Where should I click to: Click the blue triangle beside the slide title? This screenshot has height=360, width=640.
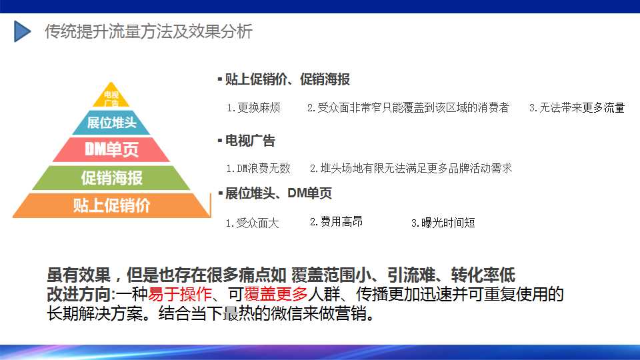(x=21, y=31)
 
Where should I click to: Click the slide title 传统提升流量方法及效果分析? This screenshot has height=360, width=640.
(x=149, y=31)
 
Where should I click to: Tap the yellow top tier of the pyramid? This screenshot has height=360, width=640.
(x=111, y=96)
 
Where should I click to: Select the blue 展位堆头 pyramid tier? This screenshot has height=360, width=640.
(x=111, y=123)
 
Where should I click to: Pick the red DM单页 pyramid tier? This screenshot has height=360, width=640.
(x=111, y=149)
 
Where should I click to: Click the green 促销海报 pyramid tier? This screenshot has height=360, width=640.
(x=111, y=178)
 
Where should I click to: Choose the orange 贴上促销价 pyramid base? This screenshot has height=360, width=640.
(x=111, y=205)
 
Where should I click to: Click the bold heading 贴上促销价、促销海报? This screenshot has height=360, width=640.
(x=287, y=79)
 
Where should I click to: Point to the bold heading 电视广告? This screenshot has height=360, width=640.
(x=250, y=141)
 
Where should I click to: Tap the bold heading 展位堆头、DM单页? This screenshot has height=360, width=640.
(x=279, y=193)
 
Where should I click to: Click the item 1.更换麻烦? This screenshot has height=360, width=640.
(x=253, y=108)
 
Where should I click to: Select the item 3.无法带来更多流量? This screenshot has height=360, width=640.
(x=577, y=108)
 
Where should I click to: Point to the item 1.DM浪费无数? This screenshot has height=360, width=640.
(x=259, y=168)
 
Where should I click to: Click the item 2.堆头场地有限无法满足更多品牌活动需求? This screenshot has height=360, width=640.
(x=411, y=168)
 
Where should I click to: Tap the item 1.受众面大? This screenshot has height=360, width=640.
(x=253, y=223)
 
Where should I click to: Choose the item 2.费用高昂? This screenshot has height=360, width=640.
(x=336, y=221)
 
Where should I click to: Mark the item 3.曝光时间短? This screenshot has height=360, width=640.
(x=443, y=223)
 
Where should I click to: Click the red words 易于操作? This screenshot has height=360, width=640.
(x=180, y=294)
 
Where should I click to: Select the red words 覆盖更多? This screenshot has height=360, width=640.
(x=276, y=294)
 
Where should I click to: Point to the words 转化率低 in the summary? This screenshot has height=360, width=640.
(x=483, y=275)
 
